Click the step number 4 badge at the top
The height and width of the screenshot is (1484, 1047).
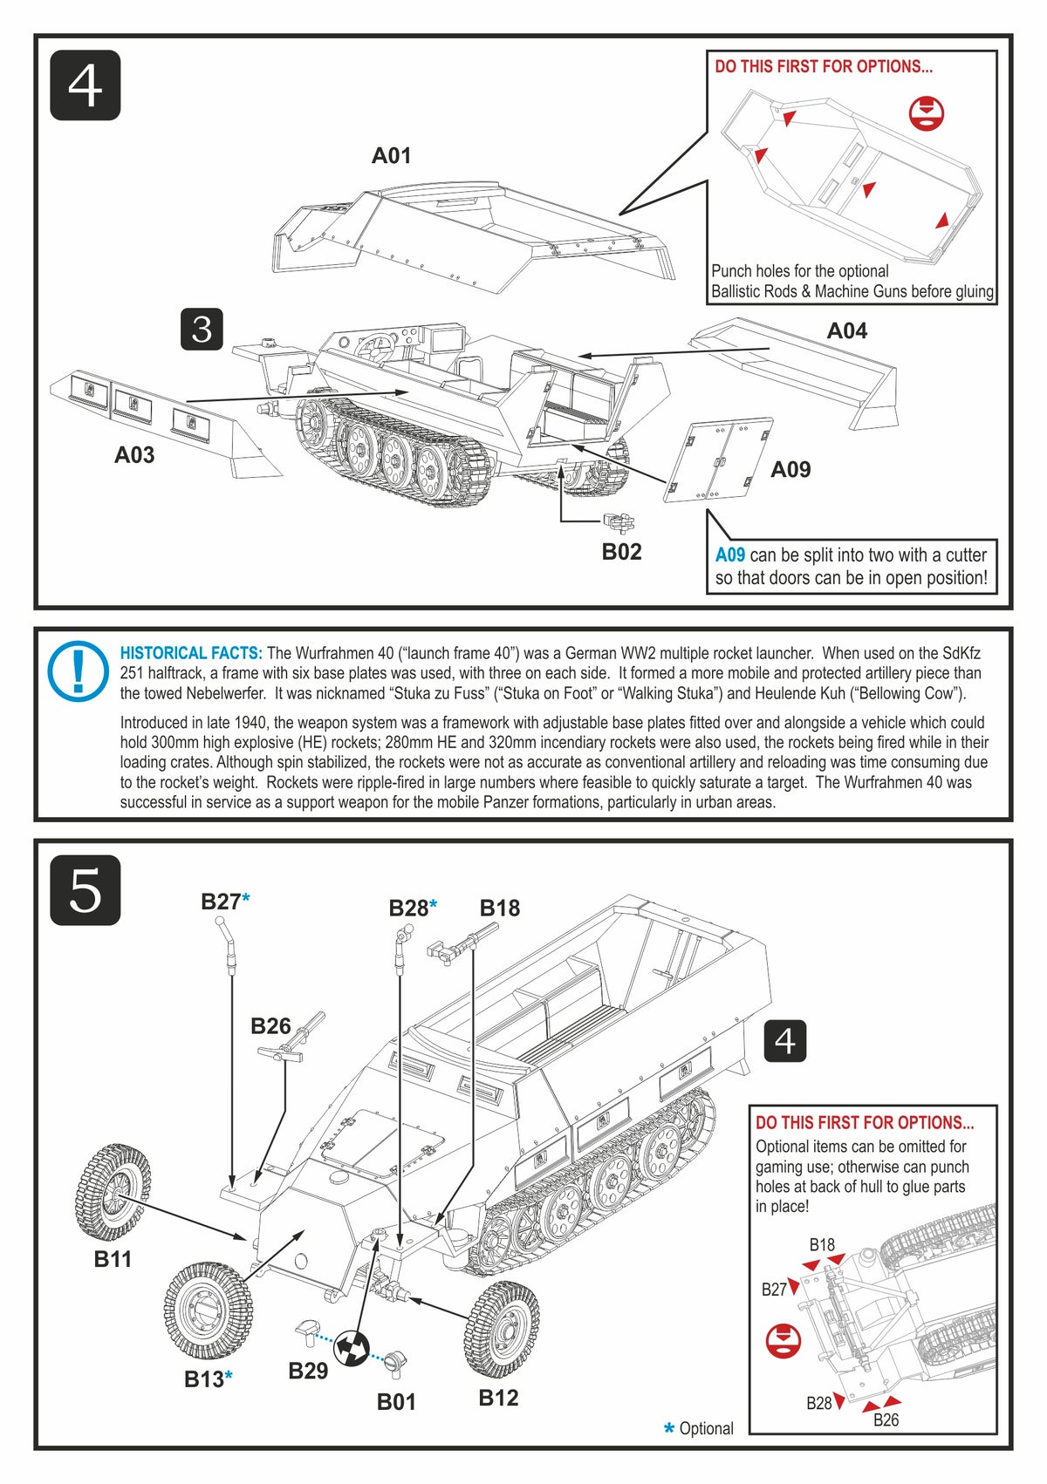point(85,85)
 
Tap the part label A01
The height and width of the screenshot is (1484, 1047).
point(391,155)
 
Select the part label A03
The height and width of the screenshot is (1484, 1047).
point(134,454)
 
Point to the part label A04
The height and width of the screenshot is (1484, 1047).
point(846,330)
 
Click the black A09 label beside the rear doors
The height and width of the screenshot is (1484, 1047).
point(790,469)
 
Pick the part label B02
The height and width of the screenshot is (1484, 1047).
point(621,551)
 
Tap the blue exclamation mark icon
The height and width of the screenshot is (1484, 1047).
point(78,672)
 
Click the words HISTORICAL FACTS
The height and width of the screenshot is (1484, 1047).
point(190,653)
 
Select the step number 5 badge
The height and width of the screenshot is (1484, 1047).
point(85,890)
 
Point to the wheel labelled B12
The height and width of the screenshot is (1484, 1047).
point(501,1329)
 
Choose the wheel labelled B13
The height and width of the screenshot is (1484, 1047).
point(208,1310)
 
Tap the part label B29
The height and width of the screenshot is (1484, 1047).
point(308,1371)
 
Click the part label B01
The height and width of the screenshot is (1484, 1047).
point(396,1401)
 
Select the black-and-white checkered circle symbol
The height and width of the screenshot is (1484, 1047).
point(352,1348)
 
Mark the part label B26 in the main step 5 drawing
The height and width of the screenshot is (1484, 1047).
point(270,1025)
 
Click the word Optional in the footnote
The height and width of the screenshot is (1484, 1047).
point(706,1428)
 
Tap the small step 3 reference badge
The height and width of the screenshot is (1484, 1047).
point(202,330)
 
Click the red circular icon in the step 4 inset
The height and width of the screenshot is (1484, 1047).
point(926,113)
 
